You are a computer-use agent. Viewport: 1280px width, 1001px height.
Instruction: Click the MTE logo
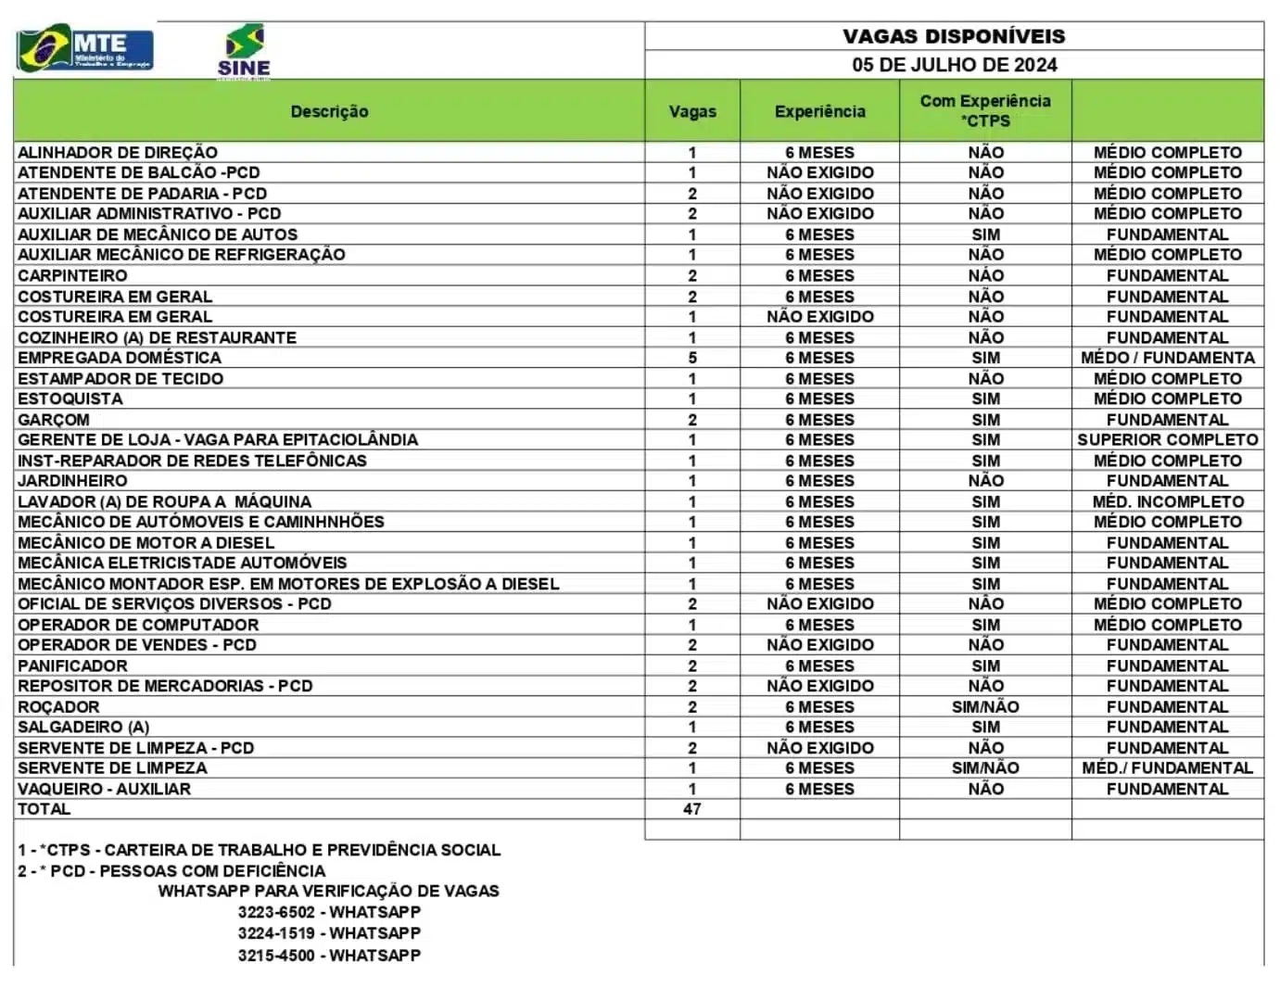click(x=85, y=49)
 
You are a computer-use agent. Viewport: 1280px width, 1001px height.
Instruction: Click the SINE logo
click(x=245, y=52)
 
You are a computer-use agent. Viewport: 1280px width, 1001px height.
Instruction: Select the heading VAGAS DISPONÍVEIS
click(x=954, y=36)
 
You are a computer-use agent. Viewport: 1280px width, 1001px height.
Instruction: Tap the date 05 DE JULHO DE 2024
click(x=954, y=65)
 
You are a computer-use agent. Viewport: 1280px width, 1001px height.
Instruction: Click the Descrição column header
click(x=329, y=111)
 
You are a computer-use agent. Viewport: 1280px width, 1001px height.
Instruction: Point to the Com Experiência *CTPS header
click(x=985, y=110)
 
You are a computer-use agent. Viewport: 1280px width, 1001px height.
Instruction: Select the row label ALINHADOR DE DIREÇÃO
click(x=118, y=152)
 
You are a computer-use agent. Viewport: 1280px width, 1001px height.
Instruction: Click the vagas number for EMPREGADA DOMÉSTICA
click(x=692, y=358)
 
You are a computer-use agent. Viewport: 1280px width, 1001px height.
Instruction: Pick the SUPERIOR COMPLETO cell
click(x=1167, y=439)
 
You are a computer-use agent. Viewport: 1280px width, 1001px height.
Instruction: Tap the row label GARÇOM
click(x=54, y=419)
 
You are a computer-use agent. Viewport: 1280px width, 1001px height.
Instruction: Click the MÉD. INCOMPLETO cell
click(x=1167, y=501)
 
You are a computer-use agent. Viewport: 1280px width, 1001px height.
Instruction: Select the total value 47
click(x=692, y=809)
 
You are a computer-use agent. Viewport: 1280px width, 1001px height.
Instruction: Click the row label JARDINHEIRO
click(x=72, y=481)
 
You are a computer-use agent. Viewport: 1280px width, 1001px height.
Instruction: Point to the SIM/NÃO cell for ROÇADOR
click(x=985, y=706)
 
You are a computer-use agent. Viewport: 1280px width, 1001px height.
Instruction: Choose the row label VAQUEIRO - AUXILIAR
click(x=104, y=789)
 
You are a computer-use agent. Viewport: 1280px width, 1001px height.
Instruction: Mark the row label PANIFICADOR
click(x=72, y=665)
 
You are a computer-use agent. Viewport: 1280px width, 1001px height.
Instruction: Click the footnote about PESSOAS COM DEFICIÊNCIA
click(x=171, y=871)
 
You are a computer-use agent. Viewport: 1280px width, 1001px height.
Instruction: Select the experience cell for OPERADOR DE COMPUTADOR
click(x=819, y=625)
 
